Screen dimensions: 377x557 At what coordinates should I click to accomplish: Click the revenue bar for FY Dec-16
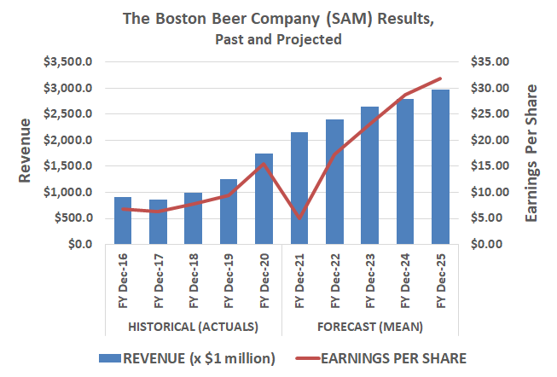coord(123,221)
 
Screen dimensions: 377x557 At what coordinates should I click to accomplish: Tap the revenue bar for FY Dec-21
coord(299,188)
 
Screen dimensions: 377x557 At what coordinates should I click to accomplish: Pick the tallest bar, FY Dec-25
coord(441,167)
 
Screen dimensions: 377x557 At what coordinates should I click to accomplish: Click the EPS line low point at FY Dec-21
coord(299,218)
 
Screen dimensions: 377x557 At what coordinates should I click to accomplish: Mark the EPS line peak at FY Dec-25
coord(441,78)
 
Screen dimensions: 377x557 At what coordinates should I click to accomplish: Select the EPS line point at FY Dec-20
coord(264,164)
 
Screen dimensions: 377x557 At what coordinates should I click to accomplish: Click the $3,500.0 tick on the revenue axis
coord(71,62)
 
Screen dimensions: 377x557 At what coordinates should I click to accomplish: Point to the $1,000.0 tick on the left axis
coord(71,193)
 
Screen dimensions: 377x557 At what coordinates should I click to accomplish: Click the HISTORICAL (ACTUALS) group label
coord(193,327)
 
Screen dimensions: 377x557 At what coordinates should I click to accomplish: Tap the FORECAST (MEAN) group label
coord(370,327)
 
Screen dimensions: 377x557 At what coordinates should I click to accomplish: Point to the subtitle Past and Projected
coord(280,38)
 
